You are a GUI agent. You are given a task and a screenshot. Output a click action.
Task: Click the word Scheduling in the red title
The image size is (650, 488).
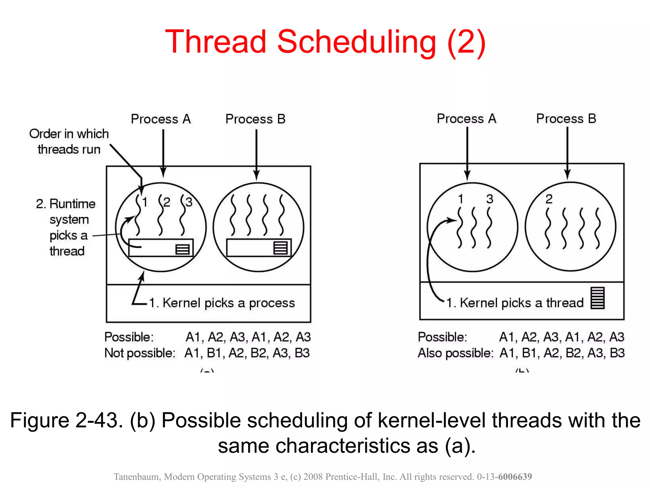click(x=356, y=42)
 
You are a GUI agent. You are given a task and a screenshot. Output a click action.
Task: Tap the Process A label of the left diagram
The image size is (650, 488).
click(x=161, y=119)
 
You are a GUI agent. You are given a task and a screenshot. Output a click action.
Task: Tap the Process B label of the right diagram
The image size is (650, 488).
click(x=566, y=119)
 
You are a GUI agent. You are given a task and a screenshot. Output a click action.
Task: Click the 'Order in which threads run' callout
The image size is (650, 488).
click(x=69, y=141)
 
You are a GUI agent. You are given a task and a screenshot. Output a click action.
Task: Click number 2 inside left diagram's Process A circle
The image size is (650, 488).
click(x=167, y=202)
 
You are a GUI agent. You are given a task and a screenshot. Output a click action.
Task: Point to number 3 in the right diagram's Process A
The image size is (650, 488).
click(x=490, y=199)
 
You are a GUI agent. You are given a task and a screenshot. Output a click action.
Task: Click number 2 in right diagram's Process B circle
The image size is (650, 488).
click(x=549, y=199)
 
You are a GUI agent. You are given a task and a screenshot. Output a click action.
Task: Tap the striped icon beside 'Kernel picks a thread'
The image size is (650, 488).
click(x=597, y=298)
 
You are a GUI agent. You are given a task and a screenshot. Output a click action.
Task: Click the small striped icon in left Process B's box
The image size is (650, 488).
click(x=281, y=248)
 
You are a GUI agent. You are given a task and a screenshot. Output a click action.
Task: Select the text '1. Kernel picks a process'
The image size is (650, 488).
click(x=222, y=303)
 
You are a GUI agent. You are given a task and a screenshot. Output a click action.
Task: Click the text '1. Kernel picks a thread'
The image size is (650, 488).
click(x=515, y=303)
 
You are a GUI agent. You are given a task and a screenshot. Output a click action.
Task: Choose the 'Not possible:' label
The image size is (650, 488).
click(x=140, y=353)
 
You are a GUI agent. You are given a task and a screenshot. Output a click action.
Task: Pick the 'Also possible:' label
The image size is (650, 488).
click(x=455, y=353)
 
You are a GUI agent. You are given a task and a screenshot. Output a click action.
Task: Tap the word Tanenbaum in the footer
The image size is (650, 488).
click(x=137, y=477)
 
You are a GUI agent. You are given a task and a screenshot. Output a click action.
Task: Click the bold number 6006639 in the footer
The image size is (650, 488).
click(x=515, y=477)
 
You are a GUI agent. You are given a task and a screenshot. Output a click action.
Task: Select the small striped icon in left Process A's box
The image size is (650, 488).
click(x=182, y=249)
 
